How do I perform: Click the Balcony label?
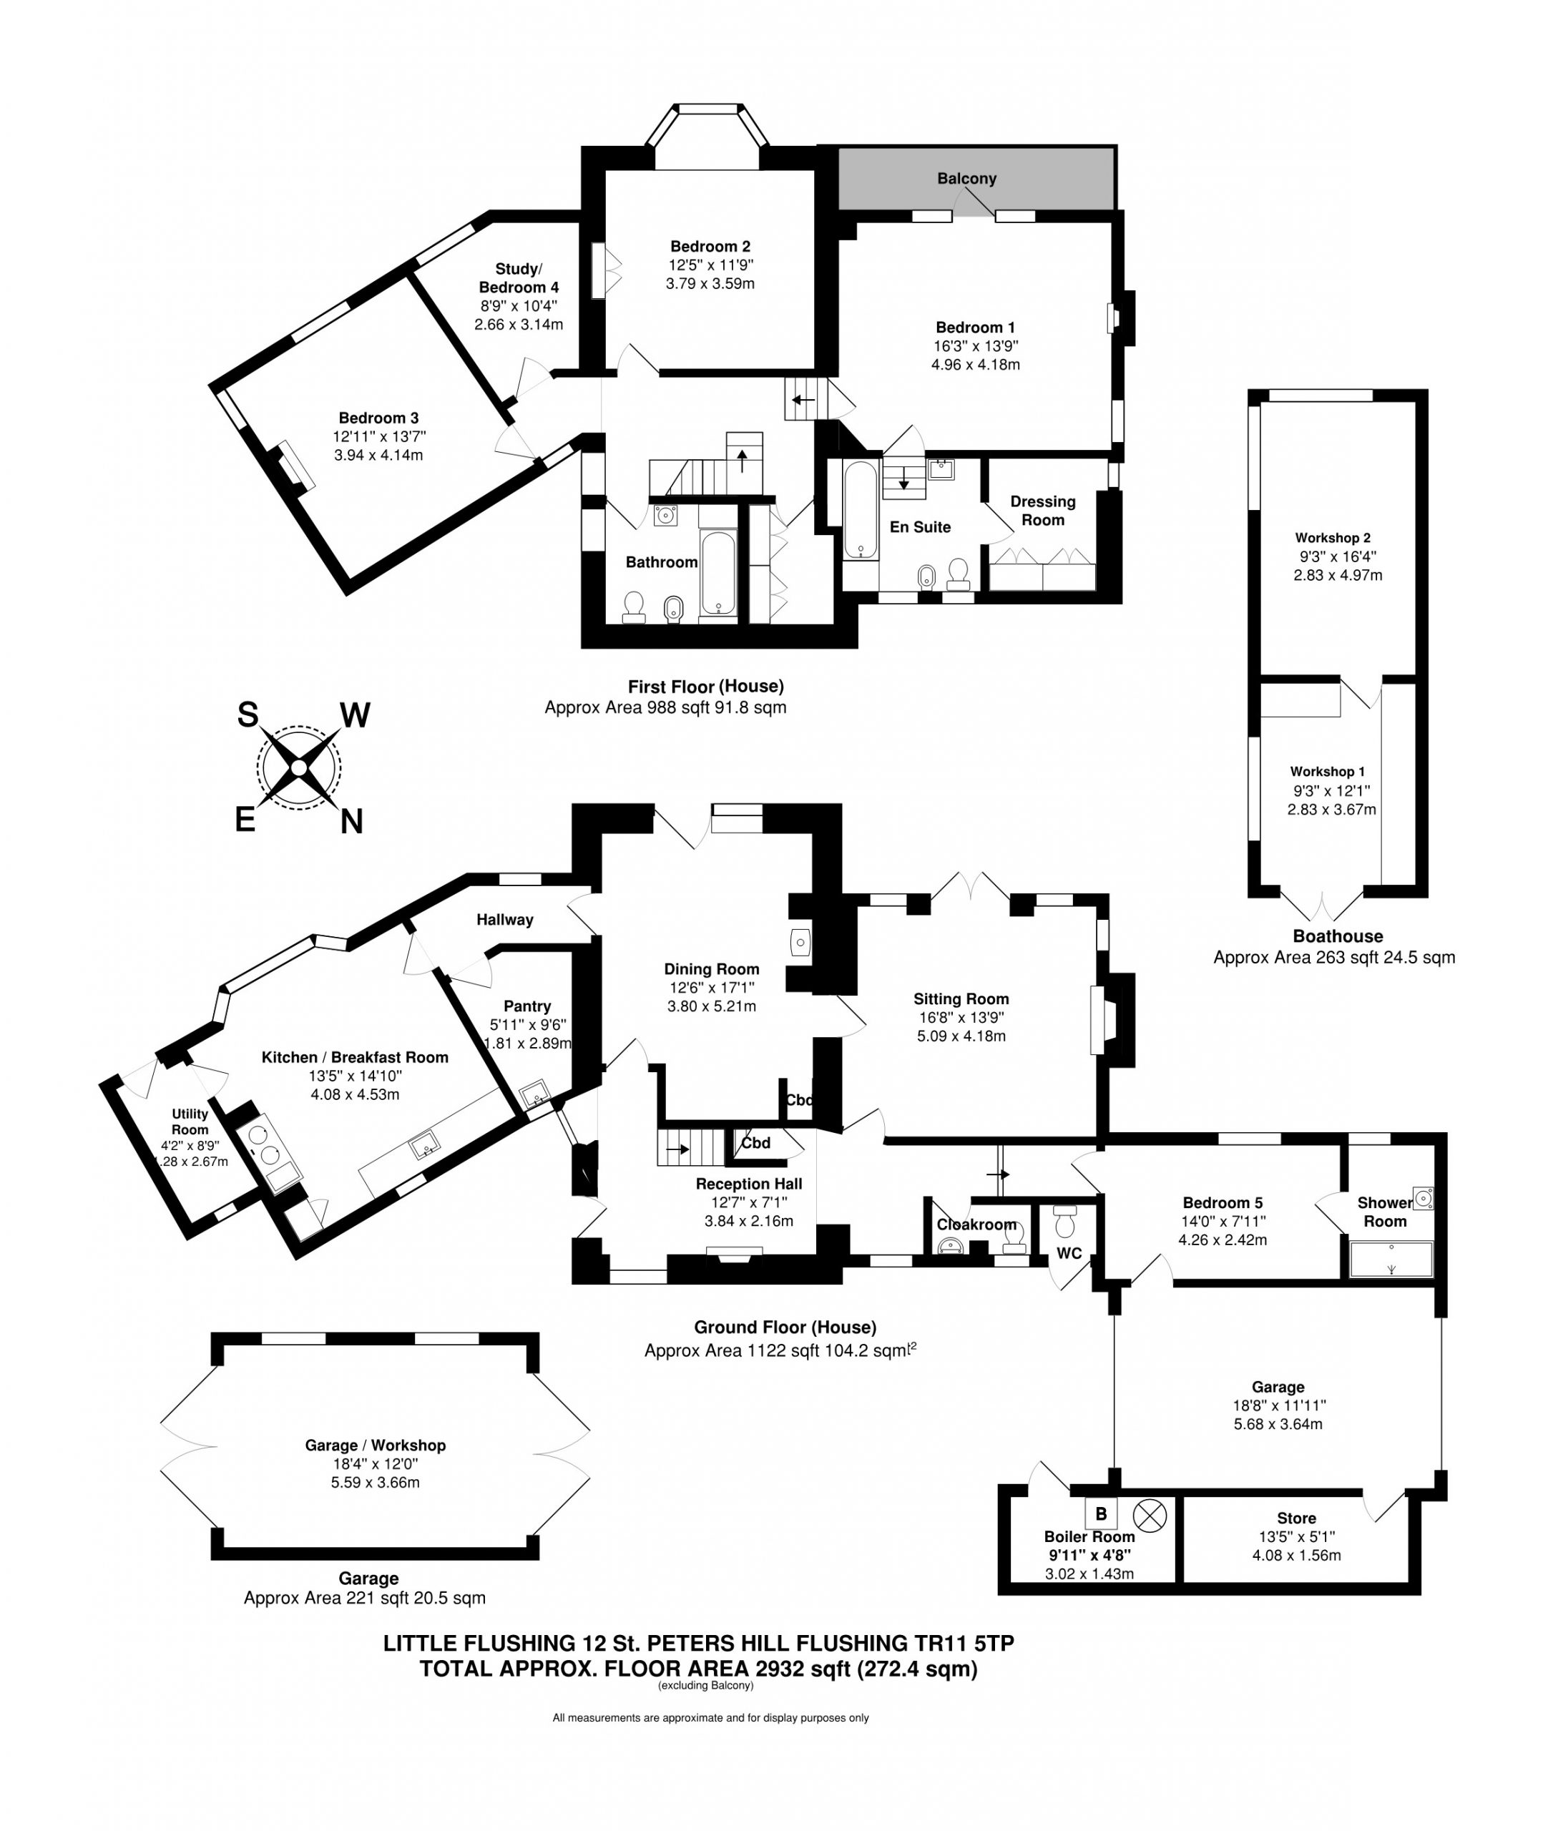966,179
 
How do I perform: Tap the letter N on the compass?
351,822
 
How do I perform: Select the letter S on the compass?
248,715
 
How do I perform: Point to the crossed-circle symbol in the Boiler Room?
1150,1513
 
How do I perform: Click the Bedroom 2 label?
710,247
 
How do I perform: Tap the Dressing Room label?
1042,511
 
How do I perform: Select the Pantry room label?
526,1006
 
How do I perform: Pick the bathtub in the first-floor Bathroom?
719,572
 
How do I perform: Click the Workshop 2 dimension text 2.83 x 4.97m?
1338,576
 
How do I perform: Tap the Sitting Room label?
961,998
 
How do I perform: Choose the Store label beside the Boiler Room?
1296,1518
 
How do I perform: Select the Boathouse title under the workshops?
1338,936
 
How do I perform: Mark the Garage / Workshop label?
376,1445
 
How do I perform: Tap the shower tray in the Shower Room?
1391,1258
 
